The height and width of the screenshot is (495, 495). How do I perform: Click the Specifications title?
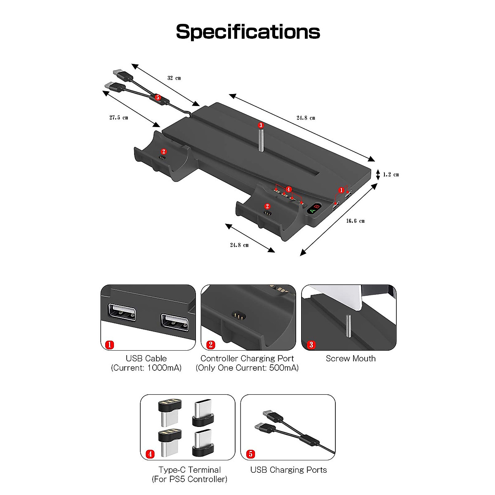[x=247, y=32]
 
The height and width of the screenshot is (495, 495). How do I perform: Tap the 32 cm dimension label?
[x=174, y=78]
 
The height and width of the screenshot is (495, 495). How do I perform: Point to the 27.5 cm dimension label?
[x=118, y=118]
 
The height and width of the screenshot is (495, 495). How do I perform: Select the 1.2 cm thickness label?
[x=391, y=174]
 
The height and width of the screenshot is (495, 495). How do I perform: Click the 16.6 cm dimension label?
[x=355, y=221]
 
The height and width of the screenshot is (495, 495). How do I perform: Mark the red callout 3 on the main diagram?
[x=260, y=125]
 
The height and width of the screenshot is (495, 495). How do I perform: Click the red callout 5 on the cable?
[x=157, y=98]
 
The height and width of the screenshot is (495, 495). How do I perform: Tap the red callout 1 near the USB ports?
[x=341, y=190]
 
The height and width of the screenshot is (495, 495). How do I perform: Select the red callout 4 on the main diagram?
[x=288, y=189]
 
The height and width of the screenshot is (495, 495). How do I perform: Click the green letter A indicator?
[x=312, y=211]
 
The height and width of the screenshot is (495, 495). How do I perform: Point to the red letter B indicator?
[x=317, y=206]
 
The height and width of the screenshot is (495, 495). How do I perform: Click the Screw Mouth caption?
[x=351, y=358]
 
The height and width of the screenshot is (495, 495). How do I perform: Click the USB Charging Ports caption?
[x=288, y=470]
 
